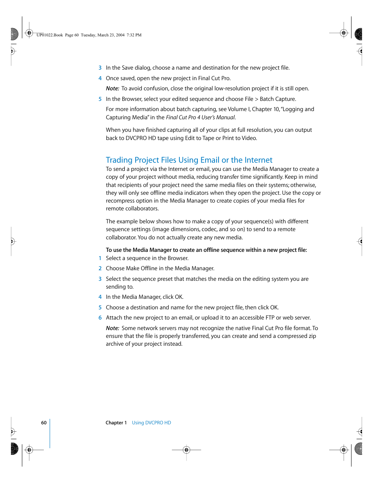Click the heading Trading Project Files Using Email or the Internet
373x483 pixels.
point(189,160)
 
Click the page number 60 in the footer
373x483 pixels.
point(44,423)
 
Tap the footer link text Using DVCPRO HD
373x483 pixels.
point(151,423)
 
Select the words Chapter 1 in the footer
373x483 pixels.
point(116,423)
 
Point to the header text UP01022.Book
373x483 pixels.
point(50,35)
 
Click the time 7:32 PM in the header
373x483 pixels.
point(134,35)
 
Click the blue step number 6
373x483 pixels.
point(100,318)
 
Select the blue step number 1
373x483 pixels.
point(100,259)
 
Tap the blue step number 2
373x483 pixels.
point(100,269)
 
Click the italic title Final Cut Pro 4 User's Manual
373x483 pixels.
point(201,117)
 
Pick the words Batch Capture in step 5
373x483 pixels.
point(278,99)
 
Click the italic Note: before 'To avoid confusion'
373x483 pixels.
point(113,89)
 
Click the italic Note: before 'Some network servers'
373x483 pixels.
point(113,329)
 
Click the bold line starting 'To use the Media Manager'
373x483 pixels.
point(206,250)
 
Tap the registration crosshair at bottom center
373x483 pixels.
point(186,450)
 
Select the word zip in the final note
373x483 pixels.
point(312,336)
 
